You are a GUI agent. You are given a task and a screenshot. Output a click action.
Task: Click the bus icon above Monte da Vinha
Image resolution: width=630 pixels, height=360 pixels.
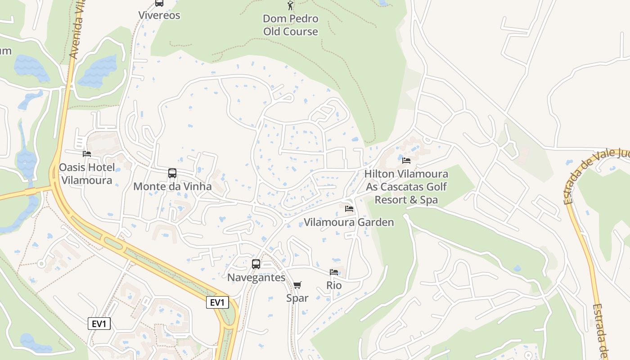(172, 173)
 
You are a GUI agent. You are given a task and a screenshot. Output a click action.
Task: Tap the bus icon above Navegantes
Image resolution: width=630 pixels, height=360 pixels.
(256, 264)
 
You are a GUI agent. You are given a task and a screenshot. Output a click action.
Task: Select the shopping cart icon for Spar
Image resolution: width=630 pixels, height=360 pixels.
(297, 285)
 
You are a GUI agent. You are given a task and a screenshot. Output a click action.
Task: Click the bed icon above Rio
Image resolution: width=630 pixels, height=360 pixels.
(334, 272)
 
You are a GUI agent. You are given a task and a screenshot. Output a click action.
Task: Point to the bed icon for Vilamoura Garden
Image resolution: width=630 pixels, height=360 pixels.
(349, 209)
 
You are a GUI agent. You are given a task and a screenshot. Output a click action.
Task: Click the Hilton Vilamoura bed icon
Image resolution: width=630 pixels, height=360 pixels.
(406, 161)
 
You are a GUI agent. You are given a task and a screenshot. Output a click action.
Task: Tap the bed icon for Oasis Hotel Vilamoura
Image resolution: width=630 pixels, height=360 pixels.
(87, 154)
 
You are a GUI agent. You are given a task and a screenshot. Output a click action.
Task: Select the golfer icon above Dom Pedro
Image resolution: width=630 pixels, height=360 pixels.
(290, 5)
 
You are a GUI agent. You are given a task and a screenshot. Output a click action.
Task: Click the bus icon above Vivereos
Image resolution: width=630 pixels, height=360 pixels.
(159, 3)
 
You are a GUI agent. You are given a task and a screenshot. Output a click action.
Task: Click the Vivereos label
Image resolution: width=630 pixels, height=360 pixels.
(159, 15)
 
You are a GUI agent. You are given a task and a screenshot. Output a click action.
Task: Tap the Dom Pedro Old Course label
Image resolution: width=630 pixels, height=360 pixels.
(290, 25)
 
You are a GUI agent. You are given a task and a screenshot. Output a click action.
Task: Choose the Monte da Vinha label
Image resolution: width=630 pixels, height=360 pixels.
(172, 186)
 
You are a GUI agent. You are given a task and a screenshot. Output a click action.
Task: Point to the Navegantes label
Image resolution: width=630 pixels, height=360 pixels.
(256, 277)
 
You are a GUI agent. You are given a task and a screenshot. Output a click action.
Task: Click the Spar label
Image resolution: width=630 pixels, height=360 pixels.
(297, 298)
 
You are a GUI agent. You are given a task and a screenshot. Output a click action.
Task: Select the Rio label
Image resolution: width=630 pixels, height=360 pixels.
(334, 285)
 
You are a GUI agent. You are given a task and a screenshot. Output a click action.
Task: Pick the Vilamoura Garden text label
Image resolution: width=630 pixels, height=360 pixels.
(349, 222)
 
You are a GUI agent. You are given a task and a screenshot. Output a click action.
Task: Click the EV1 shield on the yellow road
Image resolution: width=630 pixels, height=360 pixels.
(218, 302)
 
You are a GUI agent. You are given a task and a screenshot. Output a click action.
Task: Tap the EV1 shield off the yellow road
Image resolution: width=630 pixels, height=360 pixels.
(99, 324)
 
